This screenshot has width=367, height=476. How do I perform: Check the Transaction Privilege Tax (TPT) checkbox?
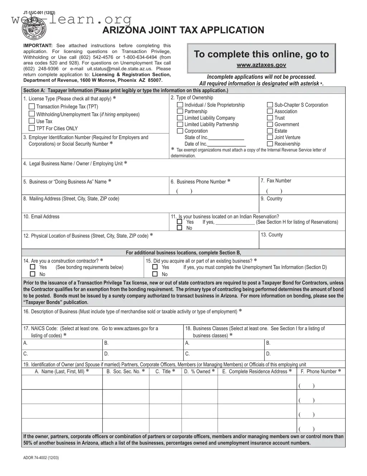coord(32,107)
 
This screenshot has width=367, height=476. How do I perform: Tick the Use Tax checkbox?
coord(32,121)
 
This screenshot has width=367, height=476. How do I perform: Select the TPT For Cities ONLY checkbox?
coord(32,128)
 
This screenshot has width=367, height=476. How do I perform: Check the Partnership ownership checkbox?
coord(180,112)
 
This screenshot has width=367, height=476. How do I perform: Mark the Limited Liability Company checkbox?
coord(180,118)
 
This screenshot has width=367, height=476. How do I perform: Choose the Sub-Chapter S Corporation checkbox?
coord(270,105)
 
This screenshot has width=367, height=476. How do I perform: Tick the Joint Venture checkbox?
coord(270,137)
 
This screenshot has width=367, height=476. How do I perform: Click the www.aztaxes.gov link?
coord(261,65)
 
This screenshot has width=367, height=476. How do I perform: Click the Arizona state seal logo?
coord(35,28)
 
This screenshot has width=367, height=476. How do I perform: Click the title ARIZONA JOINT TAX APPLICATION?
coord(183,30)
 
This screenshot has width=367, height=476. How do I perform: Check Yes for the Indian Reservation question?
coord(180,222)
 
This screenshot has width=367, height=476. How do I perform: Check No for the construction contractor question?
coord(33,274)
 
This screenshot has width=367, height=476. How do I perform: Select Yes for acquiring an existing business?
coord(155,267)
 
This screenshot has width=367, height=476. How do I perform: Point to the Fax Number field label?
coord(276,181)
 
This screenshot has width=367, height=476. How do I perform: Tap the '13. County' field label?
coord(272,235)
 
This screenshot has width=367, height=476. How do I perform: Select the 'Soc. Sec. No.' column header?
coord(125,372)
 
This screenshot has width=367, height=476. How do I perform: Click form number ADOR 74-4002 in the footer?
coord(41,458)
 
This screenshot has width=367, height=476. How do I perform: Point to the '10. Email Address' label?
coord(42,217)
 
